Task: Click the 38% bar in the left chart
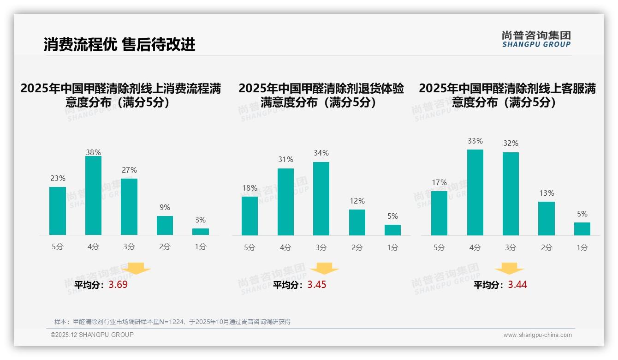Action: coord(93,196)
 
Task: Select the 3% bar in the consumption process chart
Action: coord(201,232)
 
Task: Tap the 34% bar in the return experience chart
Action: coord(321,199)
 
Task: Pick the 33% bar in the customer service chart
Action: coord(475,192)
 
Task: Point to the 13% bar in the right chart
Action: coord(547,218)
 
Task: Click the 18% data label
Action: coord(250,188)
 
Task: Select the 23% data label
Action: coord(58,178)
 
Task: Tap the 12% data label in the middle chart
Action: coord(357,201)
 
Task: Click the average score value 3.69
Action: coord(118,285)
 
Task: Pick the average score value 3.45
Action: coord(317,285)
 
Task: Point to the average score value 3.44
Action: coord(517,285)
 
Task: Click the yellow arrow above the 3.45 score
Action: coord(324,269)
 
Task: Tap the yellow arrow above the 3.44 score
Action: coord(509,269)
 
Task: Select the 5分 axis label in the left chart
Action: coord(58,247)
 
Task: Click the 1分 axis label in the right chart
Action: coord(582,248)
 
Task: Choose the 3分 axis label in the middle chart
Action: coord(321,248)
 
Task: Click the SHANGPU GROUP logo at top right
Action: coord(536,39)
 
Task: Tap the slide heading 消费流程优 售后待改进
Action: coord(120,44)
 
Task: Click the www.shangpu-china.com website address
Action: coord(537,335)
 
